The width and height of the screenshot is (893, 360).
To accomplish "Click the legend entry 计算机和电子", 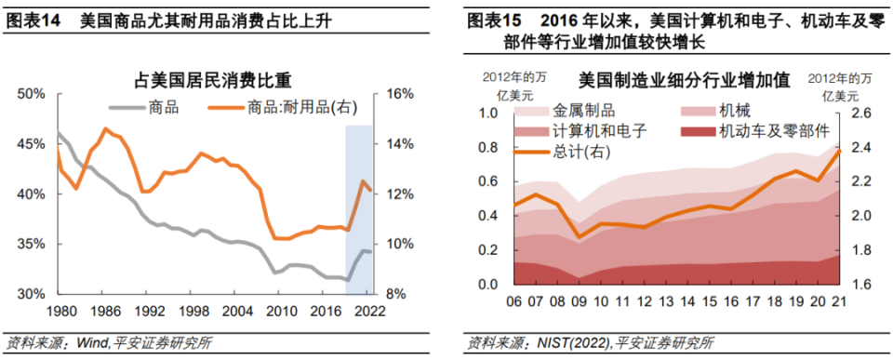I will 598,131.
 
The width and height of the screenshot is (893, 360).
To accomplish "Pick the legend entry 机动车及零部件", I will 773,131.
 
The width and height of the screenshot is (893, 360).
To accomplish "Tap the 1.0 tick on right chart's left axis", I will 488,113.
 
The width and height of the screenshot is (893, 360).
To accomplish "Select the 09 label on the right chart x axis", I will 579,300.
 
